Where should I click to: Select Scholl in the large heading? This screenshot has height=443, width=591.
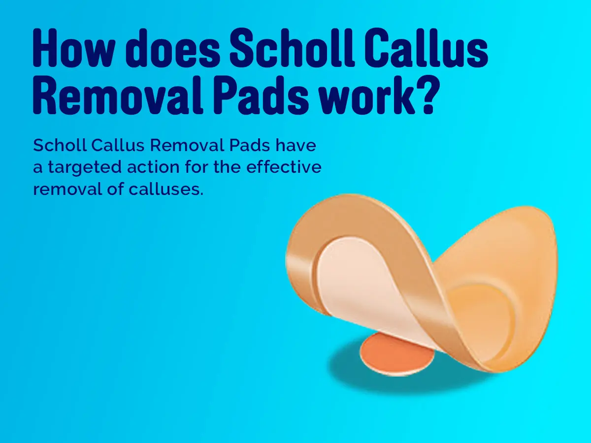(292, 47)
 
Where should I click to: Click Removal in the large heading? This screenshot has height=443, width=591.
(118, 94)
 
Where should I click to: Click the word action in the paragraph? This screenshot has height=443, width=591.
(153, 167)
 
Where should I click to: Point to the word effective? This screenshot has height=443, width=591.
(284, 167)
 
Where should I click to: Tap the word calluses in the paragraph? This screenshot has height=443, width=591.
(166, 189)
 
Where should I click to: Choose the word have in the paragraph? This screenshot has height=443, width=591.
(295, 145)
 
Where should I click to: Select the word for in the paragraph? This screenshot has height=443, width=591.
(197, 167)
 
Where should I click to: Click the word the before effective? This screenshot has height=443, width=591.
(227, 167)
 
